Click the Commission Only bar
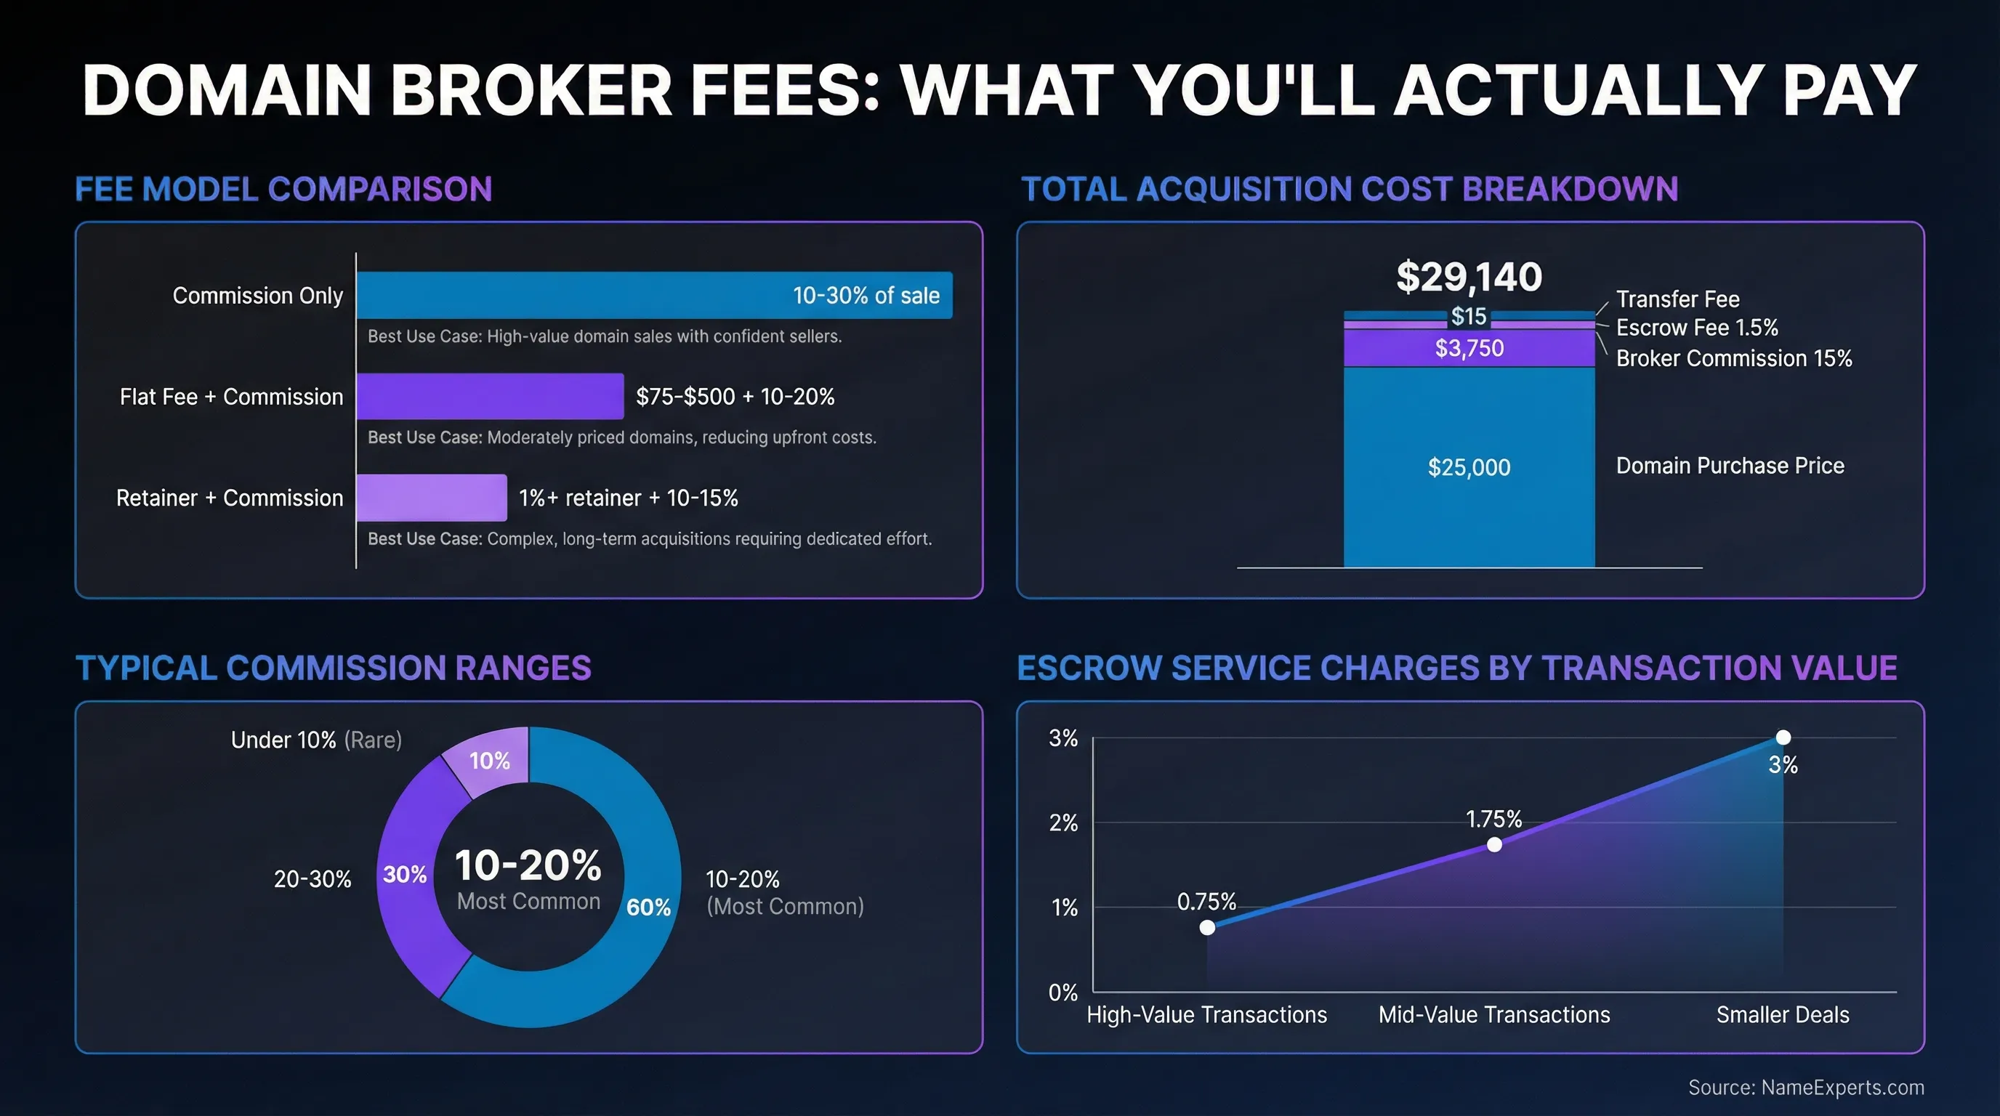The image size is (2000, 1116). point(654,295)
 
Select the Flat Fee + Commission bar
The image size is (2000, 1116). point(490,396)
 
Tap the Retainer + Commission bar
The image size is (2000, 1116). point(432,498)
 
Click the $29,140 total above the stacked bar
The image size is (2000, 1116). point(1468,277)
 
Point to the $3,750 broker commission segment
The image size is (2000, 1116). point(1469,349)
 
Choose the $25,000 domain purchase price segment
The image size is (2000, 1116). point(1469,467)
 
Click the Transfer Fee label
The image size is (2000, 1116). point(1677,299)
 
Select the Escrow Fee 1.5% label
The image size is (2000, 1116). point(1696,328)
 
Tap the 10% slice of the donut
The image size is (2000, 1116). point(490,760)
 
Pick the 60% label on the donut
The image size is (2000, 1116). point(648,907)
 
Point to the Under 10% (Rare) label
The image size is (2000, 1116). point(316,740)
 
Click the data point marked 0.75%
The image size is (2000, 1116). point(1207,927)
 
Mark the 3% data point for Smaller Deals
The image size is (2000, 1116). point(1783,737)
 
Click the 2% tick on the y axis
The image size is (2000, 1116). point(1063,822)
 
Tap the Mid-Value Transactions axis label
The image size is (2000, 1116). point(1493,1014)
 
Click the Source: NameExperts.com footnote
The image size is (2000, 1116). point(1806,1087)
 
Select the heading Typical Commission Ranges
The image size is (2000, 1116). point(333,668)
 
